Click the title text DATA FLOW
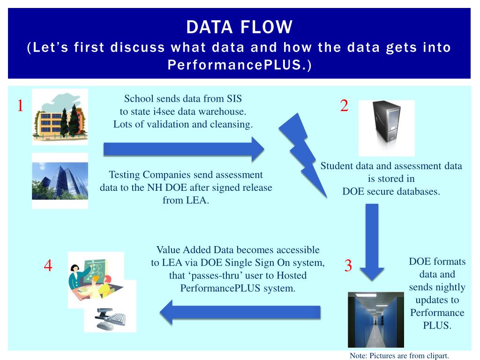point(239,27)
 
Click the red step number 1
point(20,106)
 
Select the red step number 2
point(344,106)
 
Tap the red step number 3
point(348,266)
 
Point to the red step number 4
point(48,266)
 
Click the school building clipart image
point(60,116)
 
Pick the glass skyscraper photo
point(60,180)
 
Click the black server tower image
point(386,127)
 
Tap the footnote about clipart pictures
point(399,355)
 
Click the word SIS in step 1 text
point(234,99)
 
